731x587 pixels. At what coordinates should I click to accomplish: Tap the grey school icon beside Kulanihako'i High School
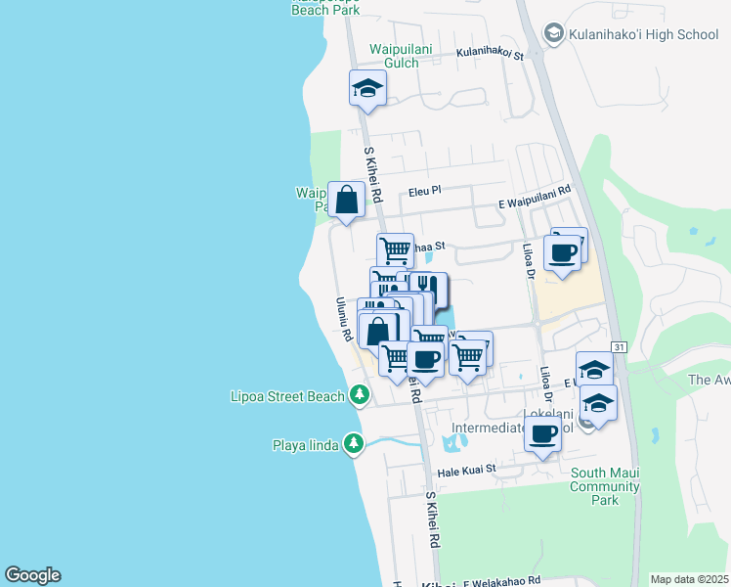pyautogui.click(x=554, y=34)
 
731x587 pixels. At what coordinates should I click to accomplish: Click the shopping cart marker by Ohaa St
pyautogui.click(x=395, y=249)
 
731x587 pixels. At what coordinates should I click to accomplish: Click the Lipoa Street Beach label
pyautogui.click(x=288, y=396)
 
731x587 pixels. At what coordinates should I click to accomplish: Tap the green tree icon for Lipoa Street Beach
pyautogui.click(x=360, y=395)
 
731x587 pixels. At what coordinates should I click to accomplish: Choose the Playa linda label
pyautogui.click(x=306, y=445)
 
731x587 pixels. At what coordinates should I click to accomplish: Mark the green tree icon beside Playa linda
pyautogui.click(x=353, y=445)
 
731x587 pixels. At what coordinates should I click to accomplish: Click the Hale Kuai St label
pyautogui.click(x=467, y=470)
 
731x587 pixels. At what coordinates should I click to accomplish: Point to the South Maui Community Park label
pyautogui.click(x=605, y=486)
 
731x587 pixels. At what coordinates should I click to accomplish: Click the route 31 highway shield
pyautogui.click(x=620, y=347)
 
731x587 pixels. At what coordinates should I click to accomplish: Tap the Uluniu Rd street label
pyautogui.click(x=343, y=319)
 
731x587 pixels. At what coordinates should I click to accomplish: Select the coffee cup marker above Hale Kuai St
pyautogui.click(x=542, y=432)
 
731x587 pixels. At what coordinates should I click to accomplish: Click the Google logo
pyautogui.click(x=32, y=575)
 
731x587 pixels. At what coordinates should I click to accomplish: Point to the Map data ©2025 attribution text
pyautogui.click(x=689, y=579)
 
